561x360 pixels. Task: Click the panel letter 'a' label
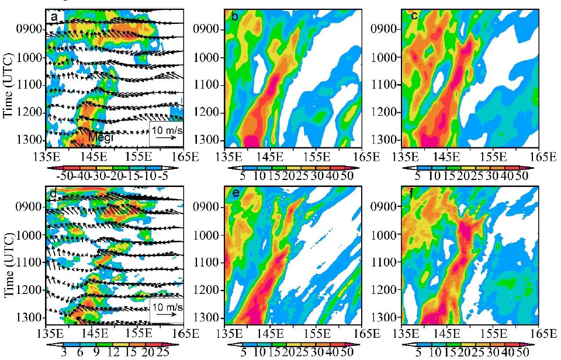(x=54, y=17)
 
